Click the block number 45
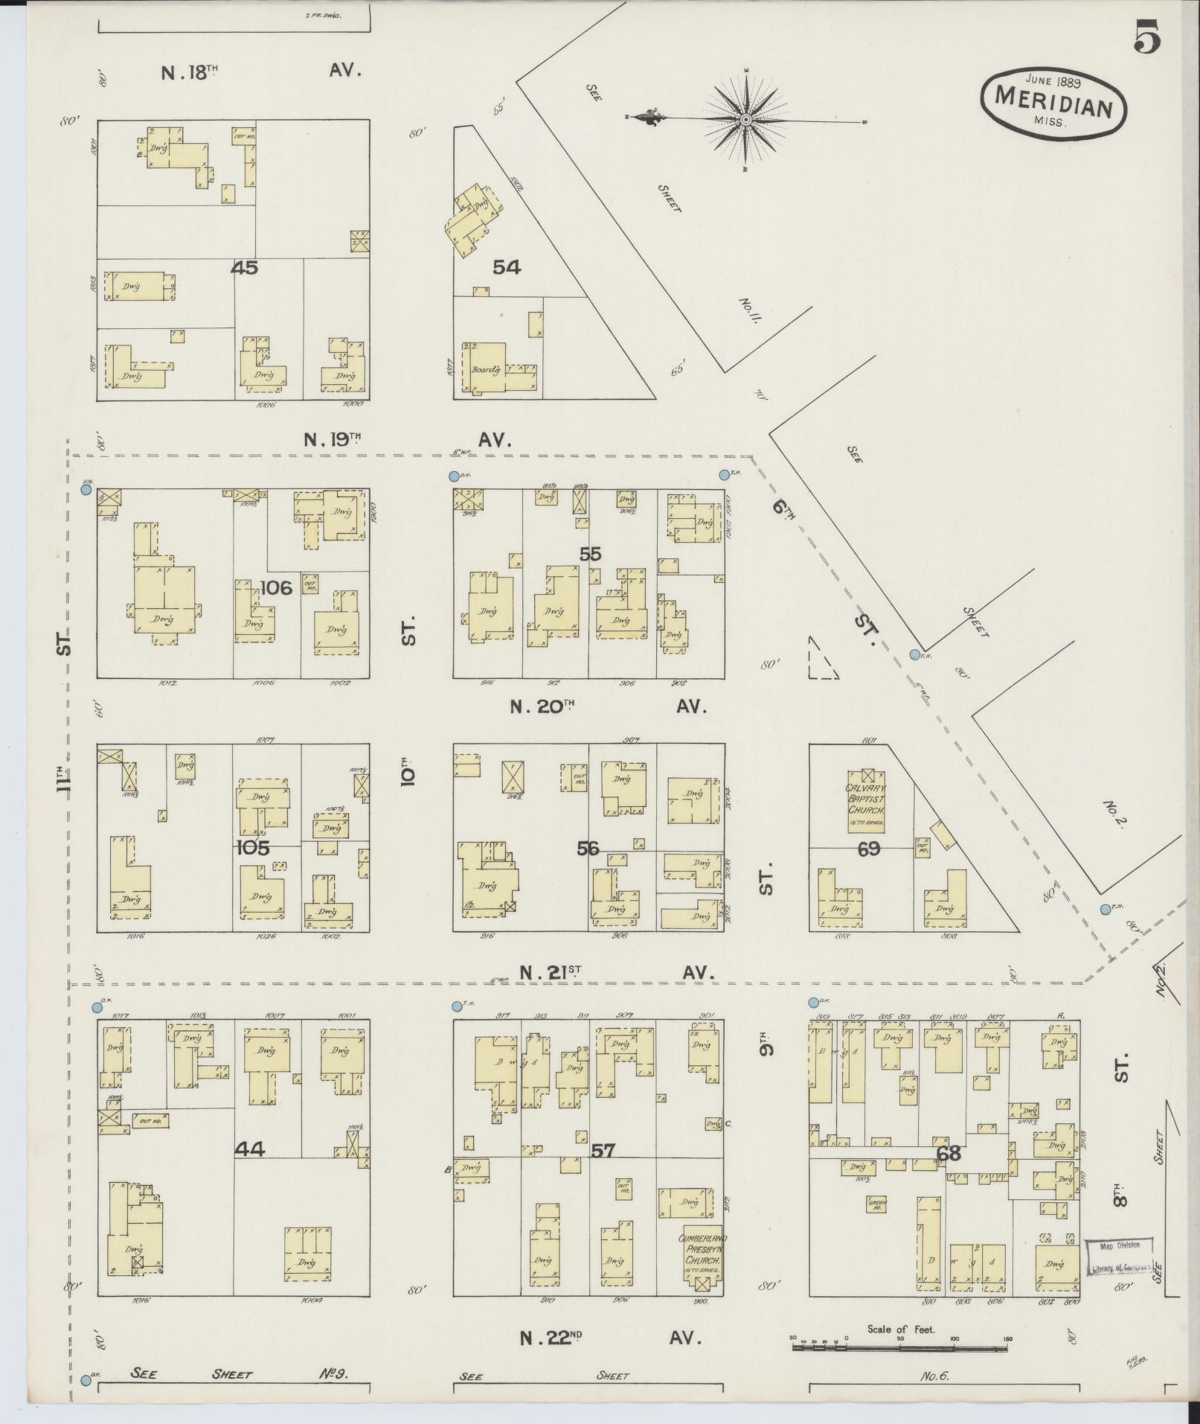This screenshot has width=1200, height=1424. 244,267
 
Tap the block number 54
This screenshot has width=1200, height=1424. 506,267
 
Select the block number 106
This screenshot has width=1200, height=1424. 276,588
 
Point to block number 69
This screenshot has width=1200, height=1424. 868,848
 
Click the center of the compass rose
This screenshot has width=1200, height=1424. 745,119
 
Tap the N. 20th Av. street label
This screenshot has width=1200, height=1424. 606,706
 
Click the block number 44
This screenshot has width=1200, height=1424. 250,1149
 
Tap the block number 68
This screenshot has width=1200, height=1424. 949,1154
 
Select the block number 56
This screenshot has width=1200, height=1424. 588,848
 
